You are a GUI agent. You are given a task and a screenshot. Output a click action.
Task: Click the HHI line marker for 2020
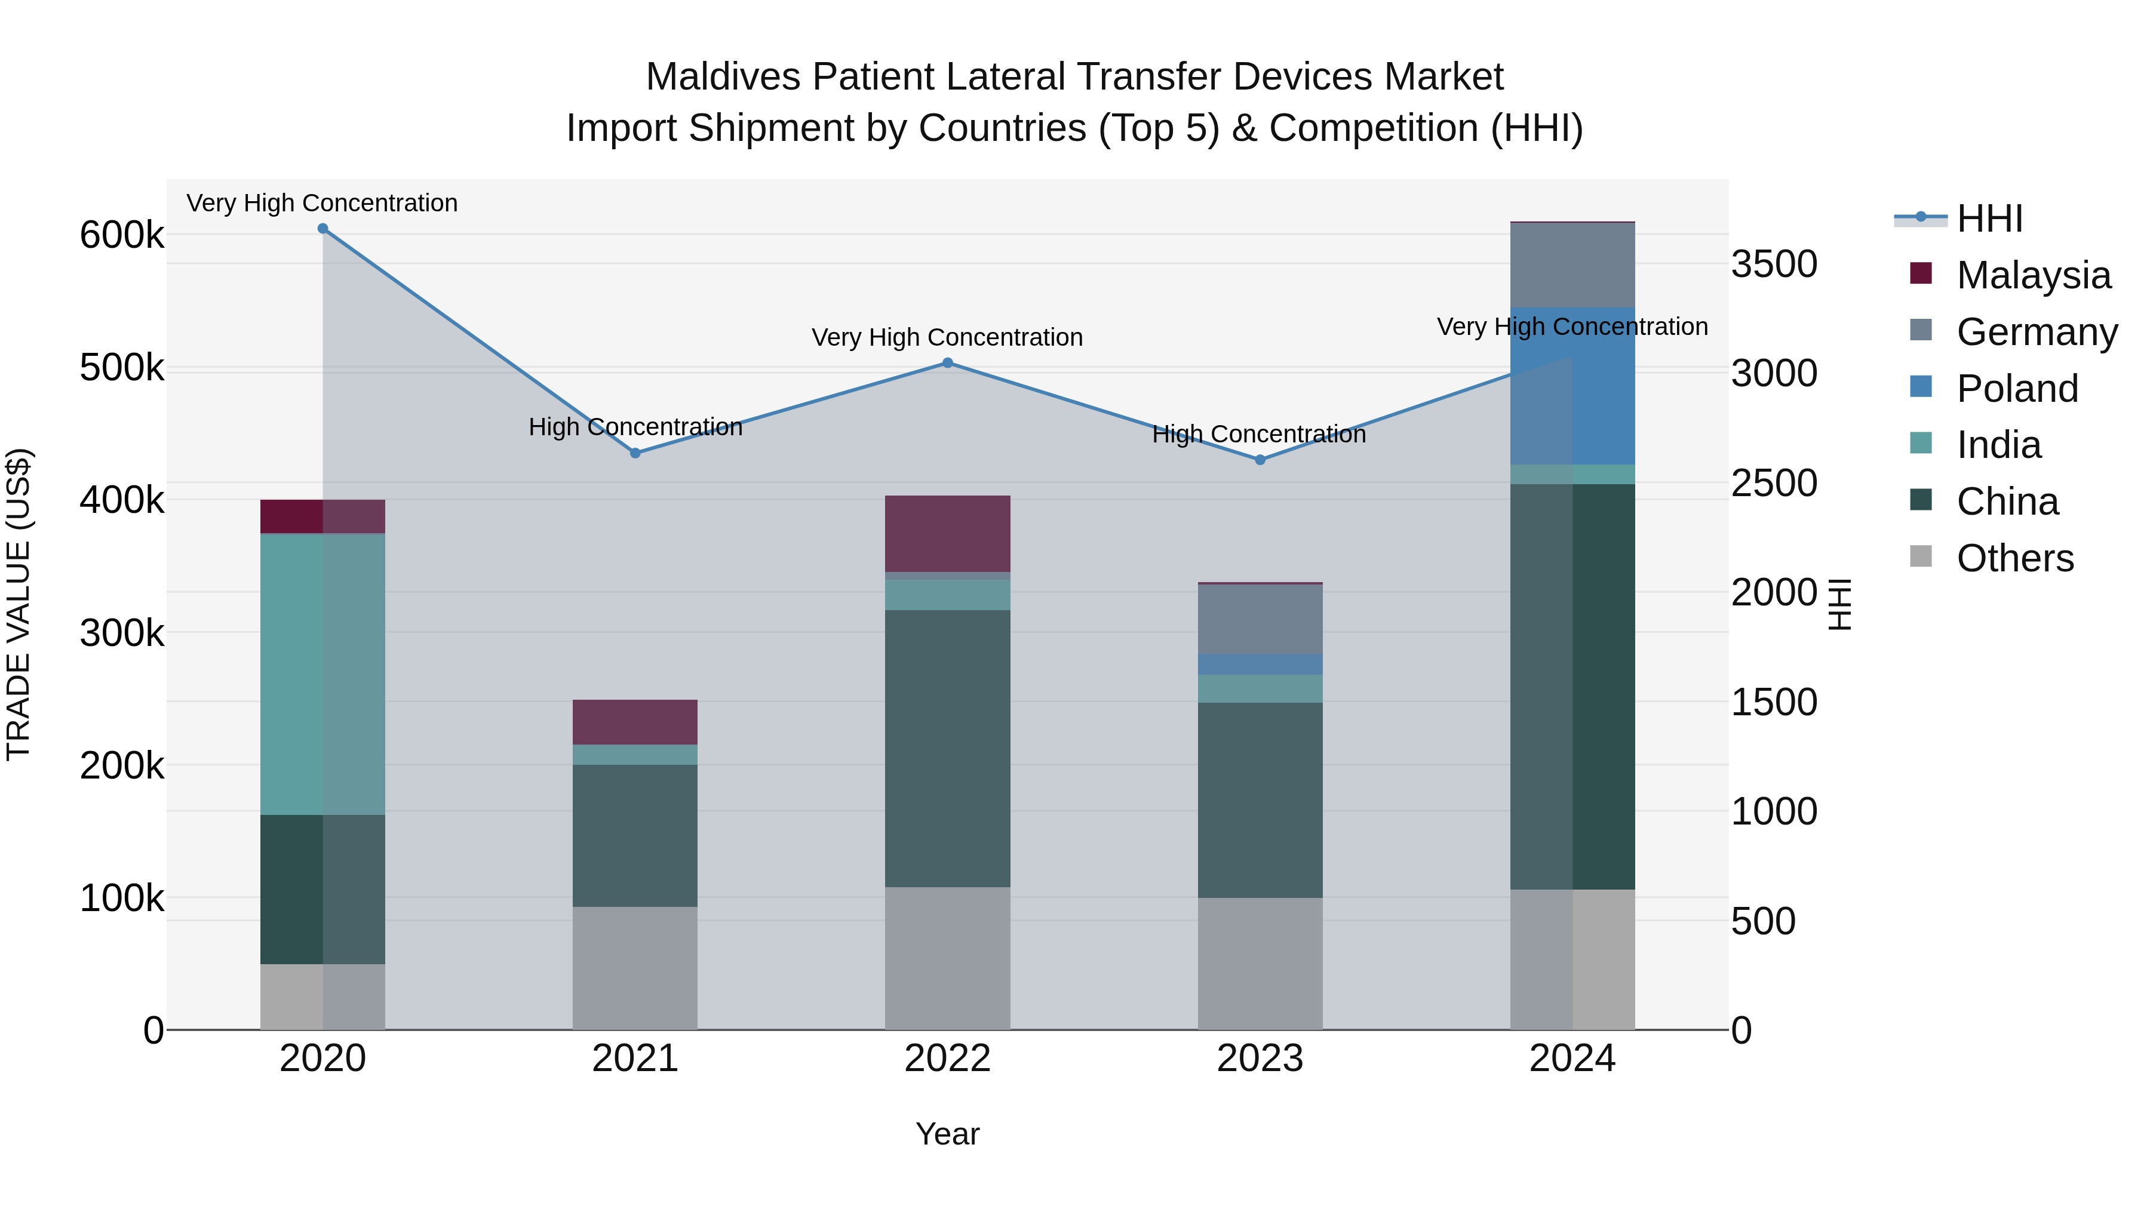click(x=323, y=229)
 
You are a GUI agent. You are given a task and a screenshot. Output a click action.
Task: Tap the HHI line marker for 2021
click(x=635, y=453)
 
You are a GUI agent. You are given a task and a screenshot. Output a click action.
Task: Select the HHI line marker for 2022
click(x=947, y=363)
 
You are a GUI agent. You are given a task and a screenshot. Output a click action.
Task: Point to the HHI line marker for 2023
click(x=1260, y=460)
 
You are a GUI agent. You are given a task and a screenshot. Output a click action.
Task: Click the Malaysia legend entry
click(x=2032, y=275)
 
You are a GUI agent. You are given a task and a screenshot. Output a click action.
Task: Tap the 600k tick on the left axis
click(x=122, y=235)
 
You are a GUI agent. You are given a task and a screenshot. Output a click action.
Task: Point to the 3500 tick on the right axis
click(x=1774, y=264)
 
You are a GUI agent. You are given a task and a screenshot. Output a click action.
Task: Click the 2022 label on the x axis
click(x=947, y=1059)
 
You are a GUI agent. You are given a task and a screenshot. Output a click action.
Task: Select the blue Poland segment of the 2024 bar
click(x=1572, y=386)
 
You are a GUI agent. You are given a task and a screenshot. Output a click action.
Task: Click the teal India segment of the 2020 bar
click(x=323, y=674)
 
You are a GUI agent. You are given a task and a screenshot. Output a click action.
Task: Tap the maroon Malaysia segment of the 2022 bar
click(x=947, y=533)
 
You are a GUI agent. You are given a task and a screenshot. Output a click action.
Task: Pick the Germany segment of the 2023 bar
click(x=1260, y=619)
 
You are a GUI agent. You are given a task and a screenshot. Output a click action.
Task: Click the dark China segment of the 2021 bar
click(x=635, y=835)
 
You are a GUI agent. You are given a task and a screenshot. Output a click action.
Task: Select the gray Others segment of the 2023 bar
click(x=1260, y=964)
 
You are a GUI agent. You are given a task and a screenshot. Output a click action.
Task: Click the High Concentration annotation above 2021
click(x=635, y=427)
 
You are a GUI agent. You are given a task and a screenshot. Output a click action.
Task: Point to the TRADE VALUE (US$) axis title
click(x=19, y=604)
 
